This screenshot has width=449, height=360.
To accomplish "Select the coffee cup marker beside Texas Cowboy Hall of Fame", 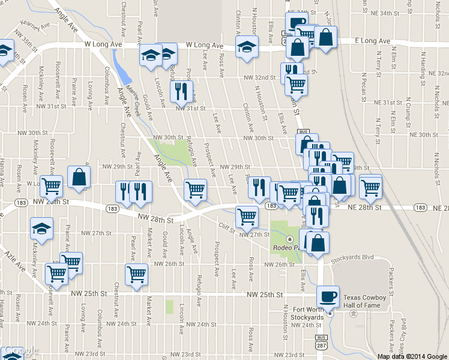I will pyautogui.click(x=328, y=296).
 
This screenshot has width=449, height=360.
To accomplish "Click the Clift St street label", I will pyautogui.click(x=226, y=226).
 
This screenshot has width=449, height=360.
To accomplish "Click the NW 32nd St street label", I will pyautogui.click(x=258, y=77).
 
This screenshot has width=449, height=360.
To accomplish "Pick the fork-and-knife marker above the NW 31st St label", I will pyautogui.click(x=181, y=91).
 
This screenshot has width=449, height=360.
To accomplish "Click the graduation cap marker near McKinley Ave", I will pyautogui.click(x=42, y=228).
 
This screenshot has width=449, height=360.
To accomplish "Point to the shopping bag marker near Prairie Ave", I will pyautogui.click(x=79, y=177).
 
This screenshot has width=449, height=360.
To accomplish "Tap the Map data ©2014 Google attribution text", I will pyautogui.click(x=412, y=356).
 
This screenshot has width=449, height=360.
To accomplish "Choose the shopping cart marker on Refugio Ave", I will pyautogui.click(x=196, y=190).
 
